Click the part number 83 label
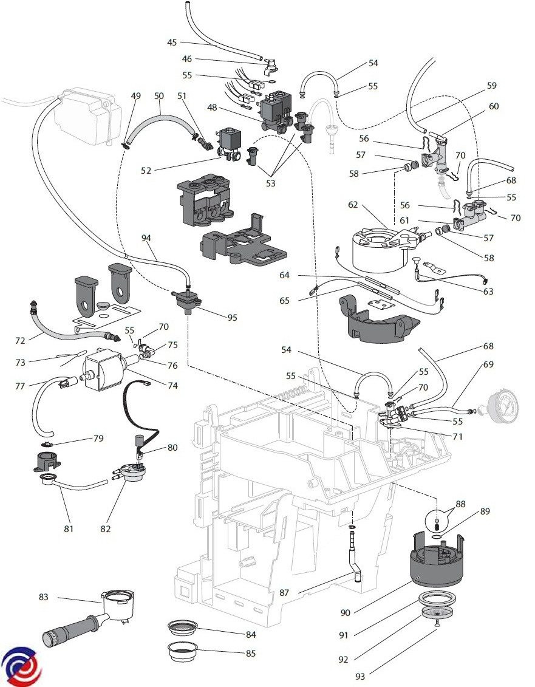tap(43, 597)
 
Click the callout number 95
tap(233, 316)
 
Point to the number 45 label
tap(172, 43)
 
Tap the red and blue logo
tap(21, 667)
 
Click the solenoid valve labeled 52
tap(231, 143)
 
